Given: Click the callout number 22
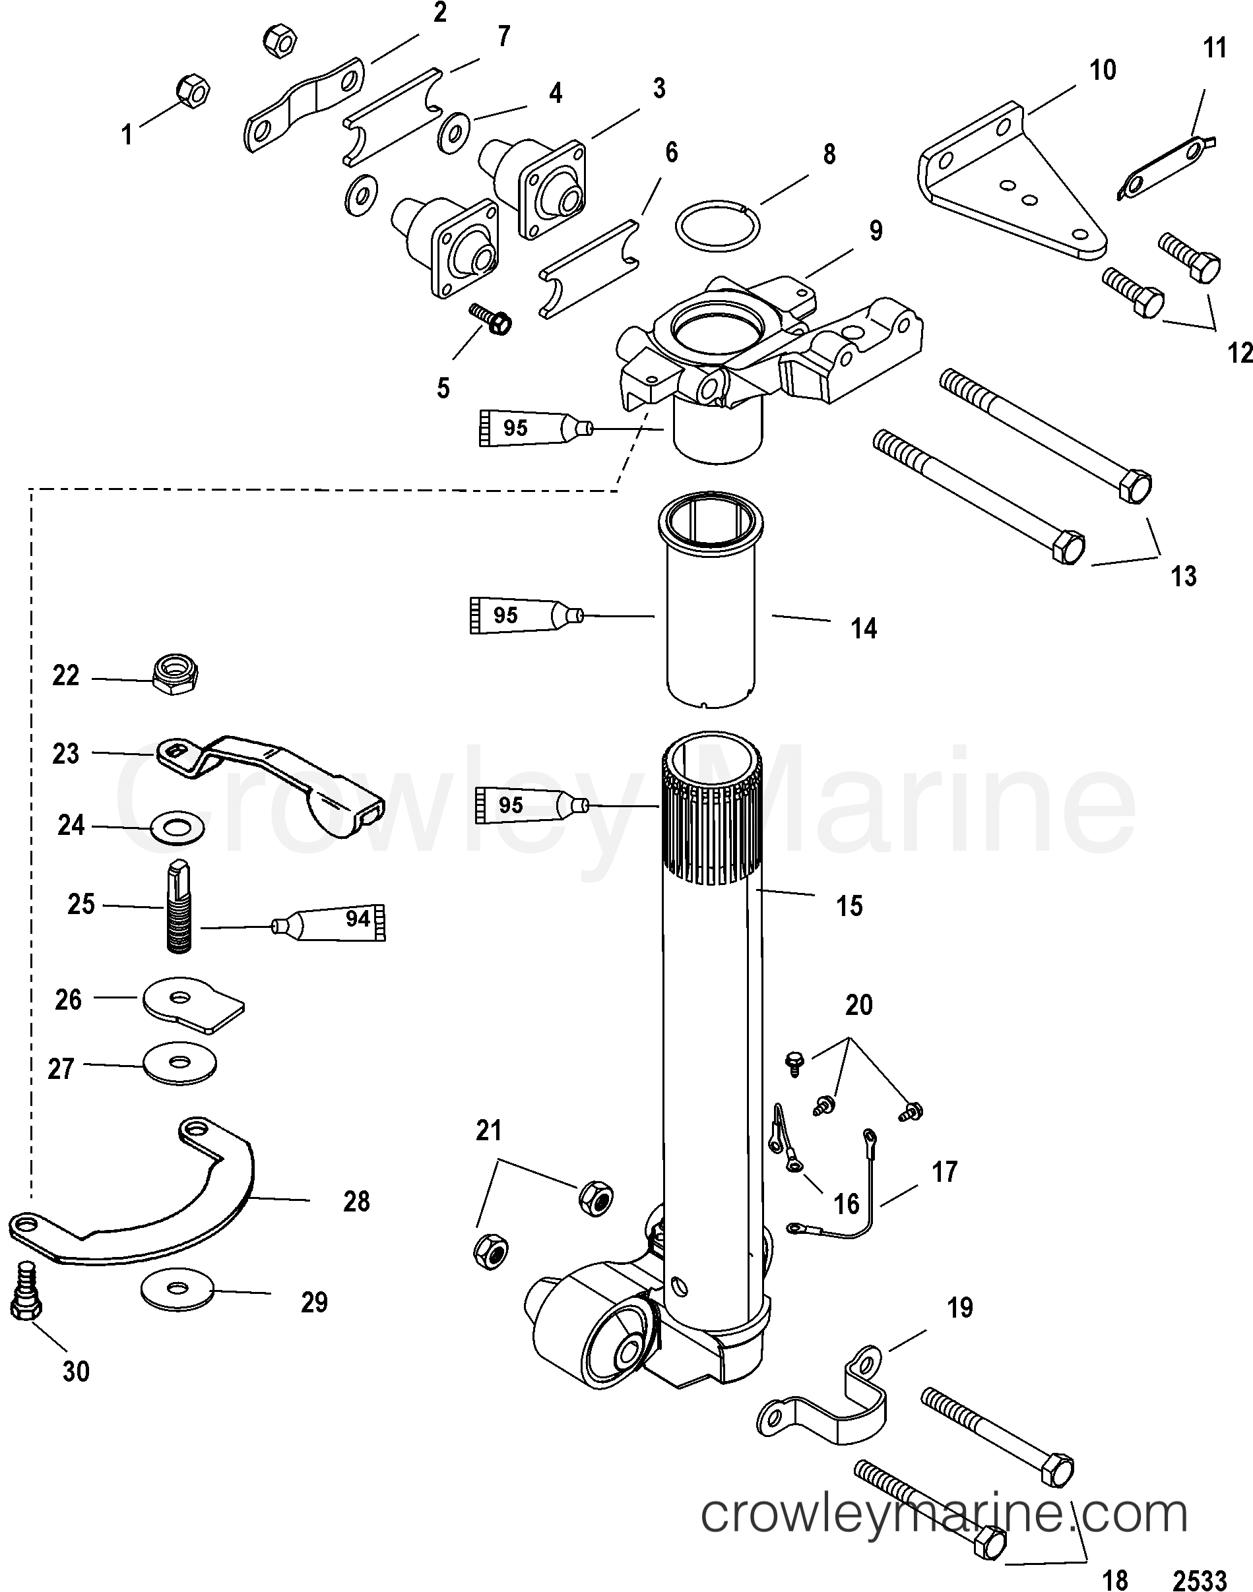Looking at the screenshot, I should click(x=65, y=675).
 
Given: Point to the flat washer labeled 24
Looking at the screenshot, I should click(x=177, y=828).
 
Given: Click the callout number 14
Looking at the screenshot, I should click(x=864, y=628).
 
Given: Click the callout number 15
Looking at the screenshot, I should click(x=849, y=905).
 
